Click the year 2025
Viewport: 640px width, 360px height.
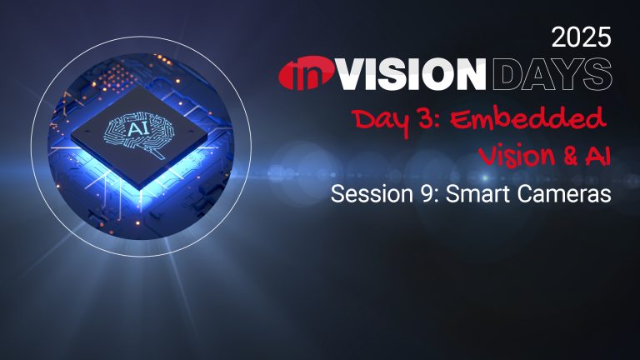(581, 37)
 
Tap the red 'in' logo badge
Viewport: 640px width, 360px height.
(307, 74)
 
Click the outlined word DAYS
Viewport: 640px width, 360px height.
(552, 74)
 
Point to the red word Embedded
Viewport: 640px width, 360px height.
(528, 120)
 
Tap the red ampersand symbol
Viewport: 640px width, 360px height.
(569, 156)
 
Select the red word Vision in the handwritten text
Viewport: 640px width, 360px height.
(516, 156)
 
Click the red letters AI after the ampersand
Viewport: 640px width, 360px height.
(598, 156)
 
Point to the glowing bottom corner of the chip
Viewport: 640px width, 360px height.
(140, 189)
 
